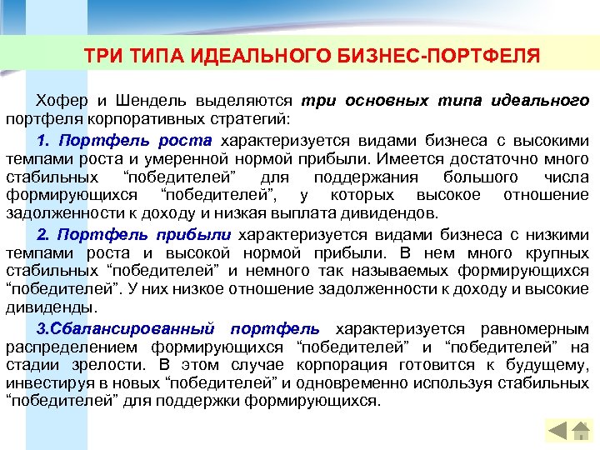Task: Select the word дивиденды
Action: tap(37, 306)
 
